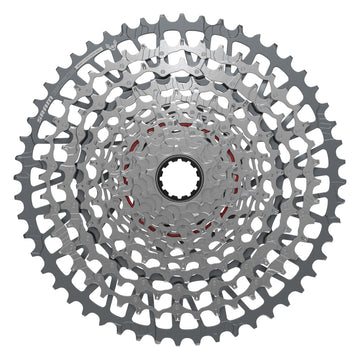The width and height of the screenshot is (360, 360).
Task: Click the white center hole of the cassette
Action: click(x=181, y=181)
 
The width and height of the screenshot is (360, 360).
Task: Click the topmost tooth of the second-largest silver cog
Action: click(x=181, y=32)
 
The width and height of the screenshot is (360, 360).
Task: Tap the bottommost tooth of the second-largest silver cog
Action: click(x=181, y=330)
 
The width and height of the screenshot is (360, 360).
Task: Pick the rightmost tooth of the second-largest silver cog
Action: click(x=329, y=181)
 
